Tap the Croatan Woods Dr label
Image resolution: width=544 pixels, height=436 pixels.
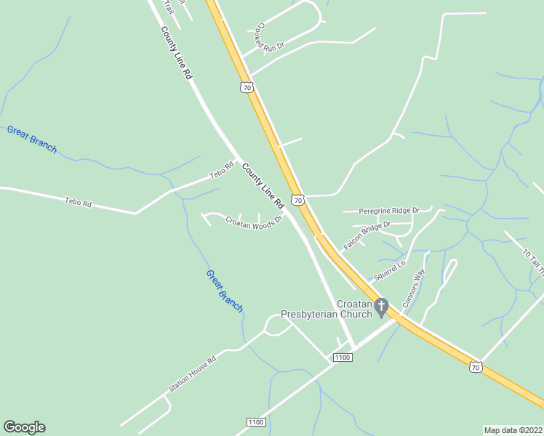253,223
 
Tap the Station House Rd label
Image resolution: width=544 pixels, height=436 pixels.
193,374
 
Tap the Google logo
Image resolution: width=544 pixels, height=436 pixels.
24,427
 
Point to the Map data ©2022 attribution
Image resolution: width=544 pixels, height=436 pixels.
513,429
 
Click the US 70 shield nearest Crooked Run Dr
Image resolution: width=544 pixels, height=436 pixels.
247,87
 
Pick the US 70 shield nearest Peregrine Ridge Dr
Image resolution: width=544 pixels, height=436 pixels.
297,199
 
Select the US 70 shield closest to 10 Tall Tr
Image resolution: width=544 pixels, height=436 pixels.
475,368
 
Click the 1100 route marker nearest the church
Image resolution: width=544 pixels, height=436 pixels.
343,357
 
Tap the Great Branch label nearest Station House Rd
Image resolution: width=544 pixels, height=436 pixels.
224,291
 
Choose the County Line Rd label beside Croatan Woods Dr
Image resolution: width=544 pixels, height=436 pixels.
263,186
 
